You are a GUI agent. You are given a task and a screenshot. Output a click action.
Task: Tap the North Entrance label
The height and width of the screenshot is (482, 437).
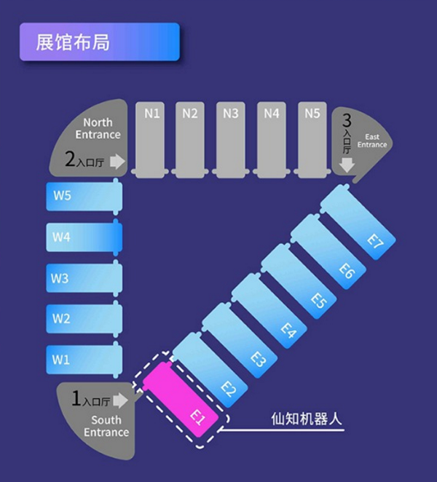coord(98,129)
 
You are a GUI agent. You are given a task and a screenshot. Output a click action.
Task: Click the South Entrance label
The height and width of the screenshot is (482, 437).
coord(106,426)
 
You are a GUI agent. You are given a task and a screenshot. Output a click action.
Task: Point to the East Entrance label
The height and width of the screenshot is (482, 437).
coord(372,141)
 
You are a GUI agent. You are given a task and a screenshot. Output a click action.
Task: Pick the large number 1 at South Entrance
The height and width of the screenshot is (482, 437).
coord(76,398)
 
